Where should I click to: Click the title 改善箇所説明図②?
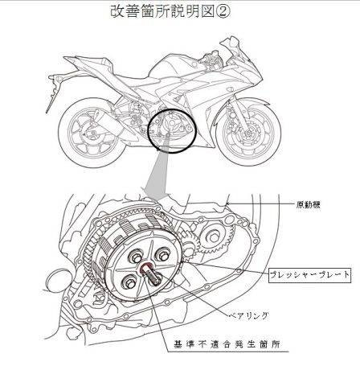point(170,11)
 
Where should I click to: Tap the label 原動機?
point(308,204)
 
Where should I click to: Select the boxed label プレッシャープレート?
point(309,275)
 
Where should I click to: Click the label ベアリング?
point(248,315)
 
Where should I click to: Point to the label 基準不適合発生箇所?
point(227,344)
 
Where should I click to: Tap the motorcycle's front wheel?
point(247,132)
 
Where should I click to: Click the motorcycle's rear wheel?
point(92,133)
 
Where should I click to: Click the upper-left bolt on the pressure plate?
point(135,256)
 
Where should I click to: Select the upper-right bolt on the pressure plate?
point(163,254)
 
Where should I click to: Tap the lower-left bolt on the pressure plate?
point(129,282)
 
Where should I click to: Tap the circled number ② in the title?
point(223,11)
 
